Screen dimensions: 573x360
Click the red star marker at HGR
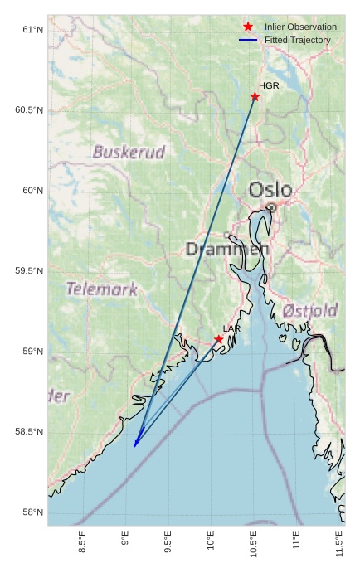tap(255, 96)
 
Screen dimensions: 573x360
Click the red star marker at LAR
tap(219, 339)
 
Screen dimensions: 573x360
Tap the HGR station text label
tap(269, 85)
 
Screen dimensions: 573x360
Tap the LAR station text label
tap(231, 329)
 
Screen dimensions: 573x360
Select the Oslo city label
tap(270, 189)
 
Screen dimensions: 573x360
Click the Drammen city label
tap(226, 249)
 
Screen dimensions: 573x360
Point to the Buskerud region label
tap(129, 153)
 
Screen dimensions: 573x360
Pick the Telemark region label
tap(101, 289)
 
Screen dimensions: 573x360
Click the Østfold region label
tap(309, 311)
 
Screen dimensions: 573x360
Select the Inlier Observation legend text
tap(300, 27)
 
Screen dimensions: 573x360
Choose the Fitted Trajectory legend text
tap(297, 40)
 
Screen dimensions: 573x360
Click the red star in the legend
tap(248, 27)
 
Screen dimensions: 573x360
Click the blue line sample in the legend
tap(248, 40)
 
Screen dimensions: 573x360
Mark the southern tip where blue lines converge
tap(134, 446)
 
